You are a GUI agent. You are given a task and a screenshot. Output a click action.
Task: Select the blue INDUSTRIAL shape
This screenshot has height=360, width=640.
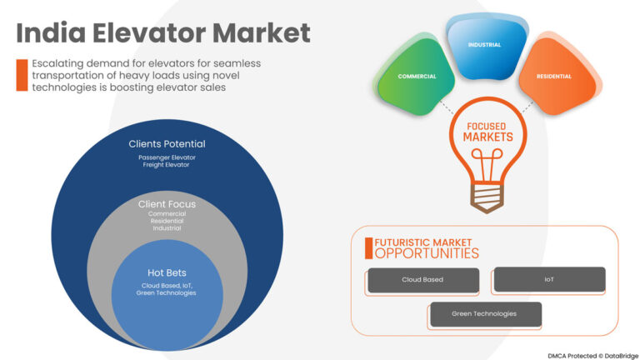(x=484, y=43)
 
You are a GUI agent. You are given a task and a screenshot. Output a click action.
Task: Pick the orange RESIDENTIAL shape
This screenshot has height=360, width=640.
(x=552, y=77)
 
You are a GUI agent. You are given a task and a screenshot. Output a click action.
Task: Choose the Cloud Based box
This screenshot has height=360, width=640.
(x=422, y=280)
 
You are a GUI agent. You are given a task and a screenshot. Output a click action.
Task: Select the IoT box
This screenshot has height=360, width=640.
(x=549, y=279)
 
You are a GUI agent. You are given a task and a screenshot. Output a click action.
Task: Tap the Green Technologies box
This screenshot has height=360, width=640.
(x=484, y=314)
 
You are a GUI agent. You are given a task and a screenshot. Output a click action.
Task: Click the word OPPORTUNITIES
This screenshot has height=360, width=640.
(x=427, y=253)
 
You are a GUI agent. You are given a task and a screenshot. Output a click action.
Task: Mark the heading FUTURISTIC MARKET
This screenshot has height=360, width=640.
(x=424, y=242)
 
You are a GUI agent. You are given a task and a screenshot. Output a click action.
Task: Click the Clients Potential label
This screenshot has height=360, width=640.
(x=167, y=143)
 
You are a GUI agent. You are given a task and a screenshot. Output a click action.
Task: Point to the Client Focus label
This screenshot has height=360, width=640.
(x=167, y=203)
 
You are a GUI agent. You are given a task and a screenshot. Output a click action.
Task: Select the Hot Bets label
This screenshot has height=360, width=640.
(x=167, y=272)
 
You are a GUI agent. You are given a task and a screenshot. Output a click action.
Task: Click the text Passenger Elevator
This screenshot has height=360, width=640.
(x=167, y=157)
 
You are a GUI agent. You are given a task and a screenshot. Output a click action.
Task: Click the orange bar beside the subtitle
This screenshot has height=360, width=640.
(x=22, y=75)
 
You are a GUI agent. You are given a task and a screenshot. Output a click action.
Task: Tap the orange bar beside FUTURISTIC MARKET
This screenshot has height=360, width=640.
(x=367, y=247)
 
